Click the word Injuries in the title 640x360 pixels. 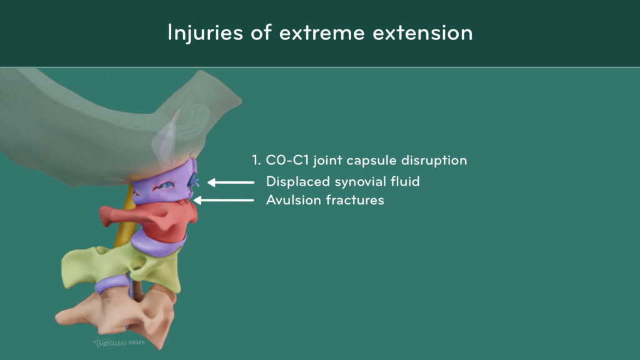click(x=205, y=32)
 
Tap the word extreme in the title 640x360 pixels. click(x=322, y=33)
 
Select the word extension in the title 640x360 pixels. click(x=422, y=33)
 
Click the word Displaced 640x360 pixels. click(x=298, y=182)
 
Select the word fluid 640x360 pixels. click(x=405, y=181)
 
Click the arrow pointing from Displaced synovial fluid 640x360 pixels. click(x=231, y=182)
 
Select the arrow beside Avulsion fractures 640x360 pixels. click(x=223, y=200)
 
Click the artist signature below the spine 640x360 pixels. click(x=119, y=343)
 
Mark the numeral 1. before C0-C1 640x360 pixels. click(x=256, y=160)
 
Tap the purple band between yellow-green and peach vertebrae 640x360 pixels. click(x=112, y=284)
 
